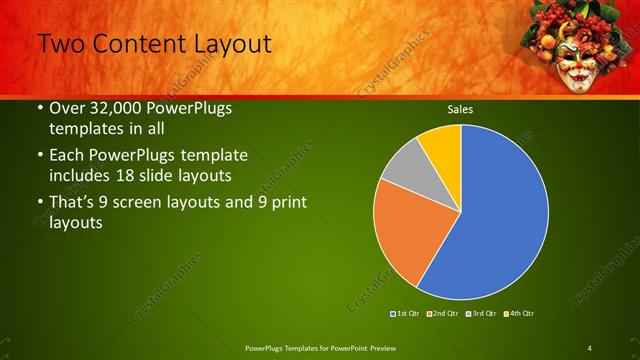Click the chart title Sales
point(460,109)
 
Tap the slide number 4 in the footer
point(590,347)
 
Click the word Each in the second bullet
point(68,156)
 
